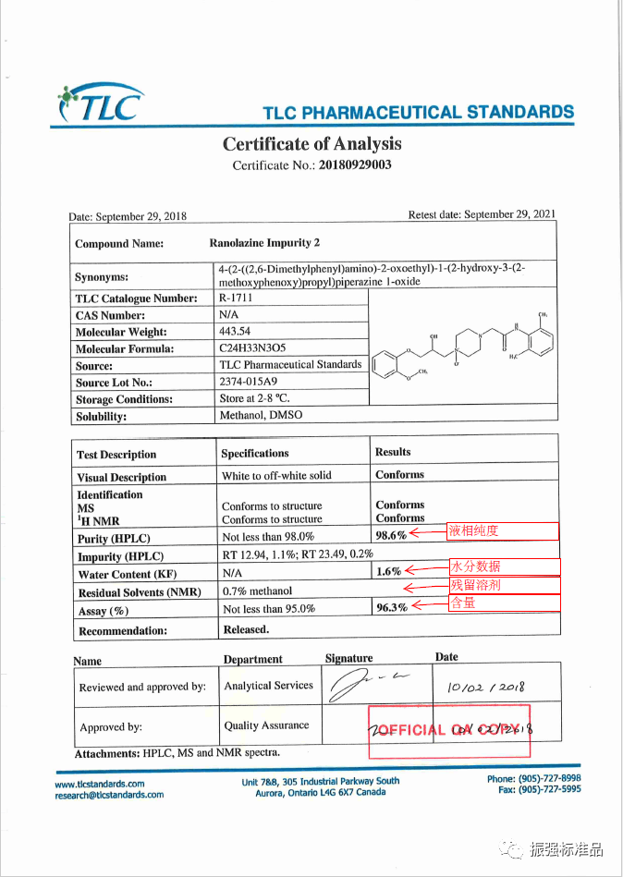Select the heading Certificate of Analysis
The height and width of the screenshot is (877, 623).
(x=311, y=143)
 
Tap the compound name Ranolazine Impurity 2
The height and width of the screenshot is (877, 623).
(x=264, y=243)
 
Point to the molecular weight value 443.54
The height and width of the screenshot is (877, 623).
(x=235, y=331)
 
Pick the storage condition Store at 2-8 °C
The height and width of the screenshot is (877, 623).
(x=254, y=398)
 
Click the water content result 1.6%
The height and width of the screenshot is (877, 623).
(x=388, y=572)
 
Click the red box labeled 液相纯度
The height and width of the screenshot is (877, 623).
(x=504, y=531)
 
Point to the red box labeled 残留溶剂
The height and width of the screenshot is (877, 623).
(x=504, y=585)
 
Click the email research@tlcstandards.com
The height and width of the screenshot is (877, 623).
(x=109, y=795)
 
